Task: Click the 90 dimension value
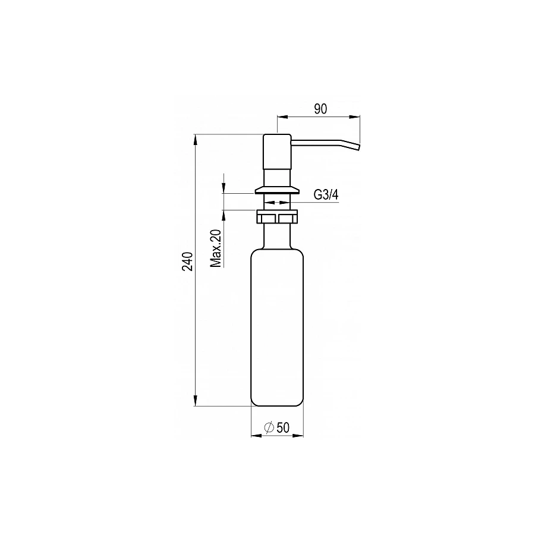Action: point(320,109)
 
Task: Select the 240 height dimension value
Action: point(187,262)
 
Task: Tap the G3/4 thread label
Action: point(326,195)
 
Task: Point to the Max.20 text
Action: point(216,248)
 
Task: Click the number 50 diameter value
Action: point(283,427)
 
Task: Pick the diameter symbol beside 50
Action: point(269,427)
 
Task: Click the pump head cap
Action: point(277,152)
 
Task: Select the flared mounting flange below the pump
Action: point(277,190)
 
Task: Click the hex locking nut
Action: point(277,216)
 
